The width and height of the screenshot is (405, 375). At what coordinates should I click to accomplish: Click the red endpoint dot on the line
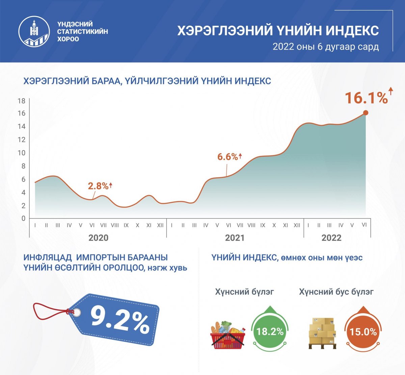(x=366, y=113)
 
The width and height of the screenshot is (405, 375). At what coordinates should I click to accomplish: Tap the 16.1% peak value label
(x=366, y=98)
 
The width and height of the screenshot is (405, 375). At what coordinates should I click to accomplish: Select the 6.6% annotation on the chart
(x=227, y=157)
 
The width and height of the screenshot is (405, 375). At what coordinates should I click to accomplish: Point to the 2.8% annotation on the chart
(x=98, y=186)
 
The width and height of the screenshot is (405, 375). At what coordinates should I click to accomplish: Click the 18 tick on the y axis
(x=22, y=101)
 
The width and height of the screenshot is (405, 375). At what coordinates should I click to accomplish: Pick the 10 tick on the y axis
(x=22, y=153)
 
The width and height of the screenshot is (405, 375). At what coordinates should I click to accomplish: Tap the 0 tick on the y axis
(x=23, y=218)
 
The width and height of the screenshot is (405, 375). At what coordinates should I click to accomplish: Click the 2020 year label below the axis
(x=98, y=238)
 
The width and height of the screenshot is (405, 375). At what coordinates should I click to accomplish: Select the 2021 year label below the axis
(x=235, y=238)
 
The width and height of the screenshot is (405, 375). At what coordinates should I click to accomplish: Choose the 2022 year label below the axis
(x=331, y=238)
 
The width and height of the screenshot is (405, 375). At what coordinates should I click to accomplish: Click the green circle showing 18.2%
(x=270, y=332)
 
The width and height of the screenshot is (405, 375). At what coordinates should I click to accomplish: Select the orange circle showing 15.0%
(x=363, y=332)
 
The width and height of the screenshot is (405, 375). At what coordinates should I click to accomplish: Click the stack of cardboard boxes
(x=322, y=333)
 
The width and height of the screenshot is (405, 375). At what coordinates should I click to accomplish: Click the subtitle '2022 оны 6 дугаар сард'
(x=326, y=47)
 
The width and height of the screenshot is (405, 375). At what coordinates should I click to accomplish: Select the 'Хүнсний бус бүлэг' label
(x=336, y=292)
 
